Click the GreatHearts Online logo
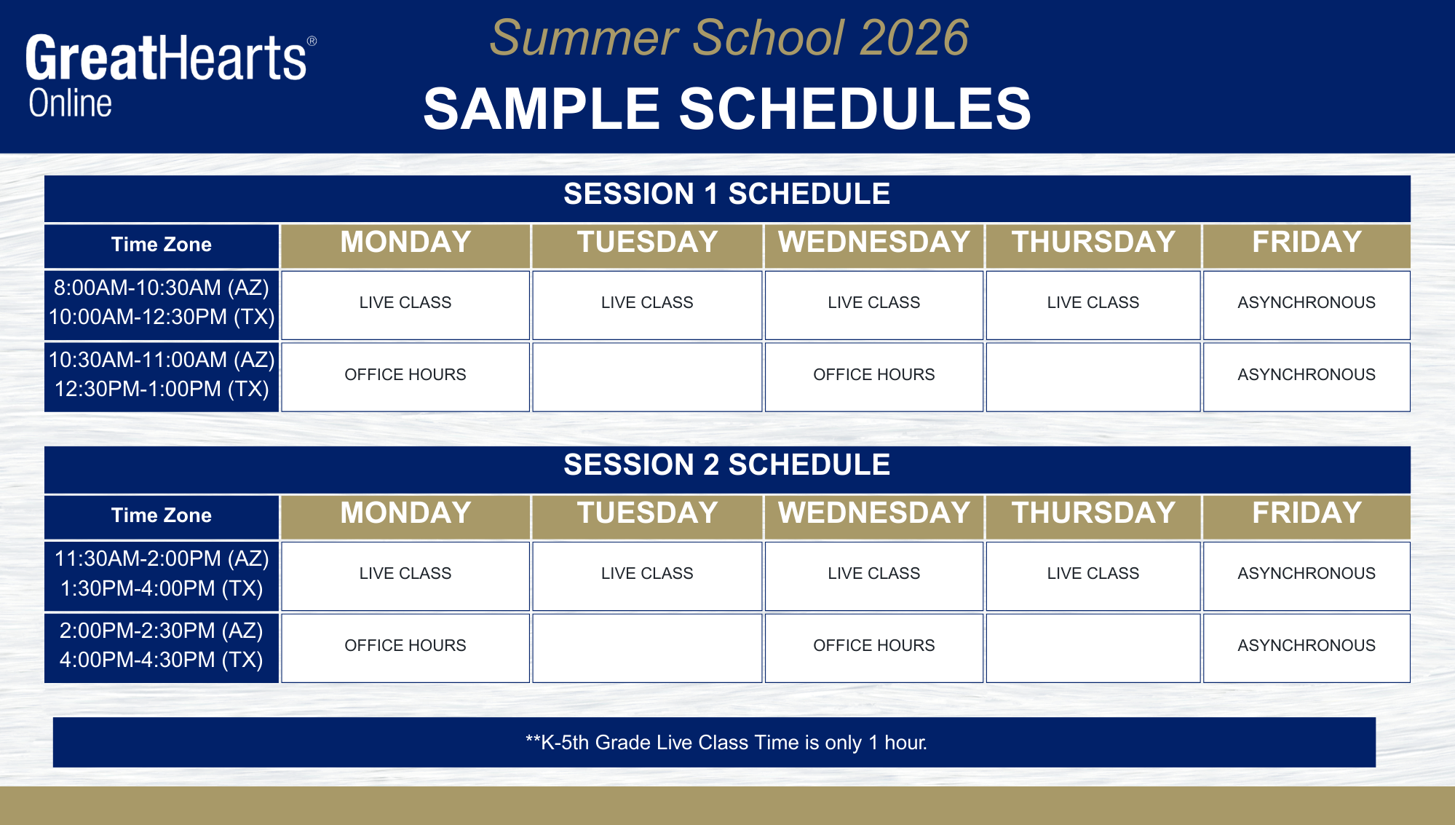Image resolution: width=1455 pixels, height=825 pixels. (x=171, y=76)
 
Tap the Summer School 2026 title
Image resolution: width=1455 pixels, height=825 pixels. (x=729, y=38)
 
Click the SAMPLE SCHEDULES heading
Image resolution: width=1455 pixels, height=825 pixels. (x=727, y=108)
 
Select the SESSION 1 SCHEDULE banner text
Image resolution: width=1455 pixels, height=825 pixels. (x=727, y=194)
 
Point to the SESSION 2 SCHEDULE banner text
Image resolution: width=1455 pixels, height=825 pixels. (x=727, y=465)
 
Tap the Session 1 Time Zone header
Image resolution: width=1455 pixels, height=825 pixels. (x=162, y=245)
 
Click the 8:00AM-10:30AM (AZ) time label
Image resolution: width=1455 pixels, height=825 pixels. (x=162, y=288)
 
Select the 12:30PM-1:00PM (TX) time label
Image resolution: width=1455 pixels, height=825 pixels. (x=162, y=389)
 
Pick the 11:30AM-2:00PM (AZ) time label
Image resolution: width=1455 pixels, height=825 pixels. (x=162, y=558)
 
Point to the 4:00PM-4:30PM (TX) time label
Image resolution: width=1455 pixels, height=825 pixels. (x=162, y=660)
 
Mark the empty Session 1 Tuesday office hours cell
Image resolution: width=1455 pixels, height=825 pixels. (x=647, y=377)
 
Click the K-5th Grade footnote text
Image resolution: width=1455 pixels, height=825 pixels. (x=726, y=743)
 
